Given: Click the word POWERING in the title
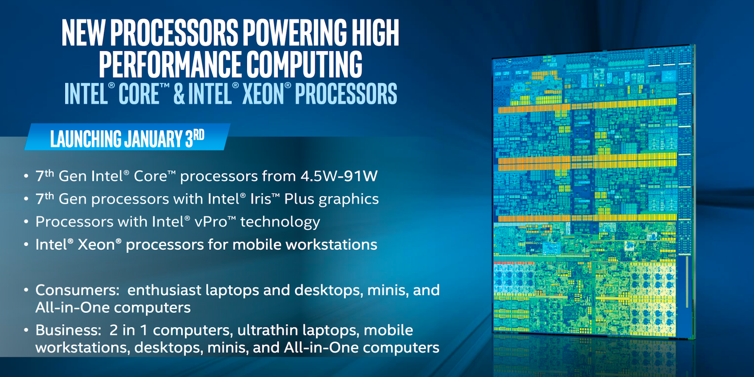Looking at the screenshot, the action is click(295, 33).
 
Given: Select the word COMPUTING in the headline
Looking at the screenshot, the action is click(304, 64).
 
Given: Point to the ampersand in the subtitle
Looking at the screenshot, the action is click(180, 94).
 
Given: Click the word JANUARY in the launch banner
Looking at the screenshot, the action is click(153, 139).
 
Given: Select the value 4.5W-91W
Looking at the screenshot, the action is click(339, 176).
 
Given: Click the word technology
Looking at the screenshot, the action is click(280, 222).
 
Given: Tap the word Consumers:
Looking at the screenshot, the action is click(77, 290).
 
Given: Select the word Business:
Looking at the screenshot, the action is click(68, 330).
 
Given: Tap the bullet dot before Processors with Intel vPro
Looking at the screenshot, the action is click(26, 222).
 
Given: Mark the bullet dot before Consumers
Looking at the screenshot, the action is click(26, 290).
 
